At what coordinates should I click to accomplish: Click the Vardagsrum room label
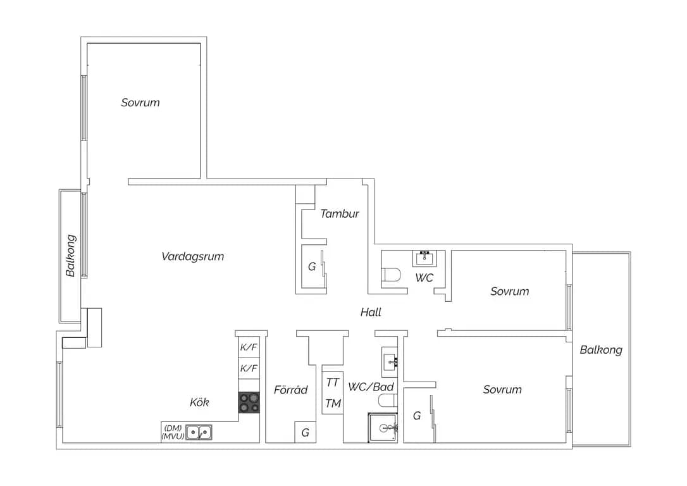(193, 256)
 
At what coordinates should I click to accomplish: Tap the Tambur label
(340, 214)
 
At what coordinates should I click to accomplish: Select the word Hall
(371, 312)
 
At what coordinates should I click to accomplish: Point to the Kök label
(199, 402)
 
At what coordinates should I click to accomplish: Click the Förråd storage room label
(290, 390)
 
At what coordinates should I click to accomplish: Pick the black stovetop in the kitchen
(249, 402)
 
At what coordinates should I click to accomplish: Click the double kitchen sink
(199, 432)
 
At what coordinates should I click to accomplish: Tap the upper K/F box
(249, 347)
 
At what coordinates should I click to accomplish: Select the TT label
(333, 383)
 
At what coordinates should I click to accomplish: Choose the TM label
(333, 403)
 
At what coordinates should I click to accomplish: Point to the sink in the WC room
(424, 259)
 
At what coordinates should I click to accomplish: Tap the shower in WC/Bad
(383, 428)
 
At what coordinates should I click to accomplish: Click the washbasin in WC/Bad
(390, 362)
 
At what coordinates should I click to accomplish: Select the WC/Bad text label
(371, 387)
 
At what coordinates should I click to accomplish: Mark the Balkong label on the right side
(601, 350)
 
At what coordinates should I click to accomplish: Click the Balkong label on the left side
(71, 256)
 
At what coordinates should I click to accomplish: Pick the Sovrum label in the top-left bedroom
(140, 103)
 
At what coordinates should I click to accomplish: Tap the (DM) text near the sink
(173, 428)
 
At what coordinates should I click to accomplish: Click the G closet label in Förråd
(306, 433)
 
